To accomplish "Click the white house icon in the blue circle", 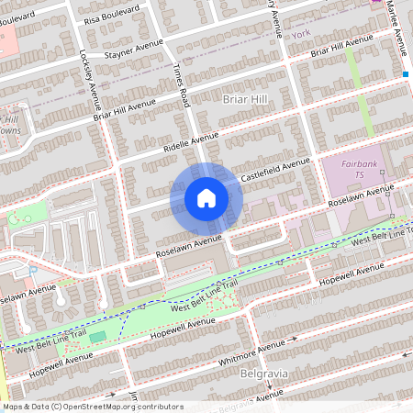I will point(206,197).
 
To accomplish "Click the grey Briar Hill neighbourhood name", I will point(242,95).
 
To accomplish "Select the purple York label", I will point(301,33).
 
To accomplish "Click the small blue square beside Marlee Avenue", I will point(405,73).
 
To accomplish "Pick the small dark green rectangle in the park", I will point(97,338).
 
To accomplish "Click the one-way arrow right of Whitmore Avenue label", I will point(296,339).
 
